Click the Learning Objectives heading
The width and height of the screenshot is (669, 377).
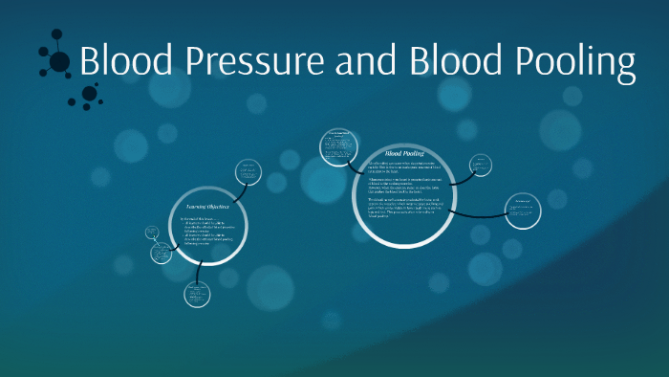(x=208, y=206)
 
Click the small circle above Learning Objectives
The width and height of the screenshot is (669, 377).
(x=247, y=171)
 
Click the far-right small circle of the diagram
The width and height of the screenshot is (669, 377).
(x=523, y=208)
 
